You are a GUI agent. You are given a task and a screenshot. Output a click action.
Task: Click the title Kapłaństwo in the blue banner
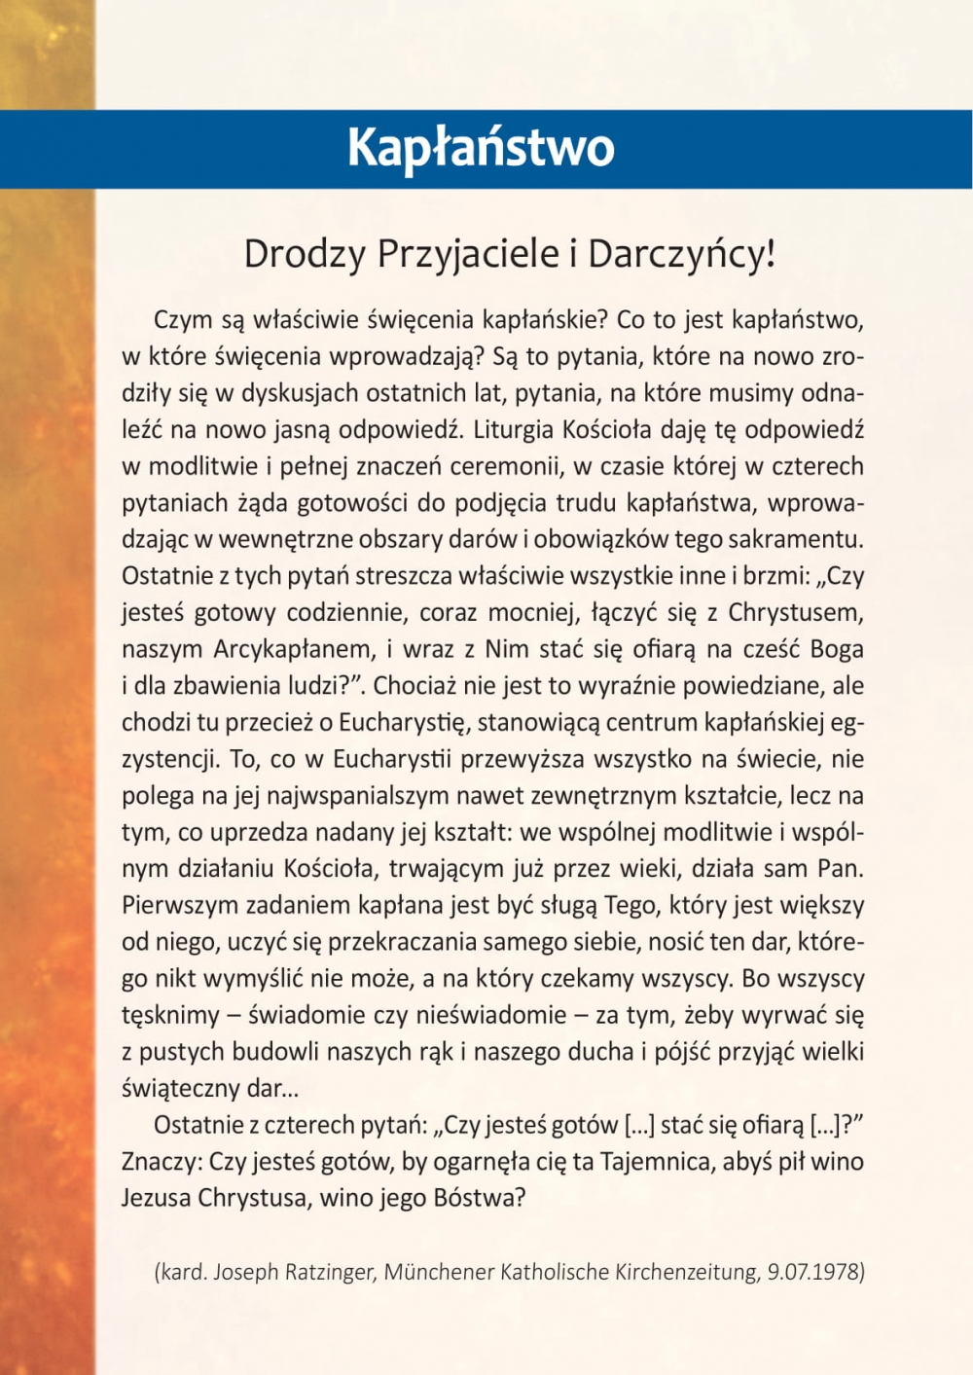click(481, 148)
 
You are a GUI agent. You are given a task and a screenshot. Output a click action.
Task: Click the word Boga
click(837, 650)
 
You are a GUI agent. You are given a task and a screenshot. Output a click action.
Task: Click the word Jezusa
click(156, 1198)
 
